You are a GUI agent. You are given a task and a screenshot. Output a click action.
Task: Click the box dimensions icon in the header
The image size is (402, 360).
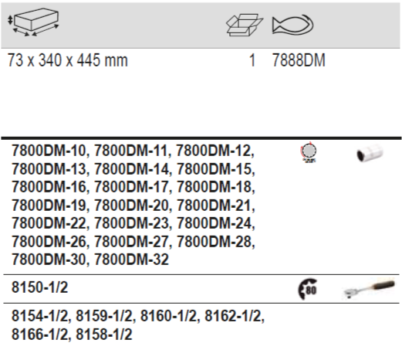[33, 22]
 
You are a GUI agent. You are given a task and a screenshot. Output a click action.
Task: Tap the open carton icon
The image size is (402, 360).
[245, 25]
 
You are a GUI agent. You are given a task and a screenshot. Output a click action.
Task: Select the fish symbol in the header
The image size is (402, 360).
[292, 25]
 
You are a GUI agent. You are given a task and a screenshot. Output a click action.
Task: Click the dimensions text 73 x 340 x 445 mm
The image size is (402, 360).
[68, 60]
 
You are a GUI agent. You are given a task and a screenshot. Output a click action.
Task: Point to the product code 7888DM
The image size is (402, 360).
[299, 60]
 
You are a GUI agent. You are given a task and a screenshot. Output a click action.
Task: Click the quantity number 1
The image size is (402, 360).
[252, 60]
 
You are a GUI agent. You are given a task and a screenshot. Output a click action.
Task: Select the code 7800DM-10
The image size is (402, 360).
[49, 151]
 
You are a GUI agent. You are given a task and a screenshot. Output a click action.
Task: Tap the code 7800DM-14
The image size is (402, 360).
[131, 169]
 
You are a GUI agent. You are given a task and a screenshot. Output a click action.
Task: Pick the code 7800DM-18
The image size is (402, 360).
[215, 187]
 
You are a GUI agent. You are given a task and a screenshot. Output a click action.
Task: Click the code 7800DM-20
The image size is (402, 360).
[131, 205]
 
